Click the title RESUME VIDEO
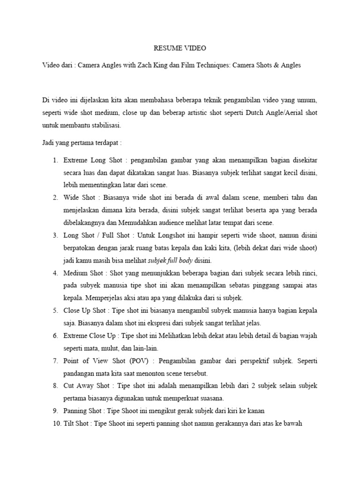point(180,48)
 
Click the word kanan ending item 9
point(257,411)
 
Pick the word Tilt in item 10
point(69,423)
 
